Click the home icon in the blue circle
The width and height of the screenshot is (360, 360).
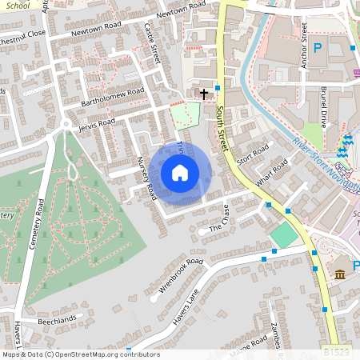point(180,173)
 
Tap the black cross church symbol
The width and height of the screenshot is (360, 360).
point(204,94)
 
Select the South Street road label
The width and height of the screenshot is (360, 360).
point(221,129)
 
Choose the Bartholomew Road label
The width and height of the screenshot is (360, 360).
point(112,97)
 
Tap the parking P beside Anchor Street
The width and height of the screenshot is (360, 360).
point(318,49)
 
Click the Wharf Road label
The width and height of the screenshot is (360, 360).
point(272,173)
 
